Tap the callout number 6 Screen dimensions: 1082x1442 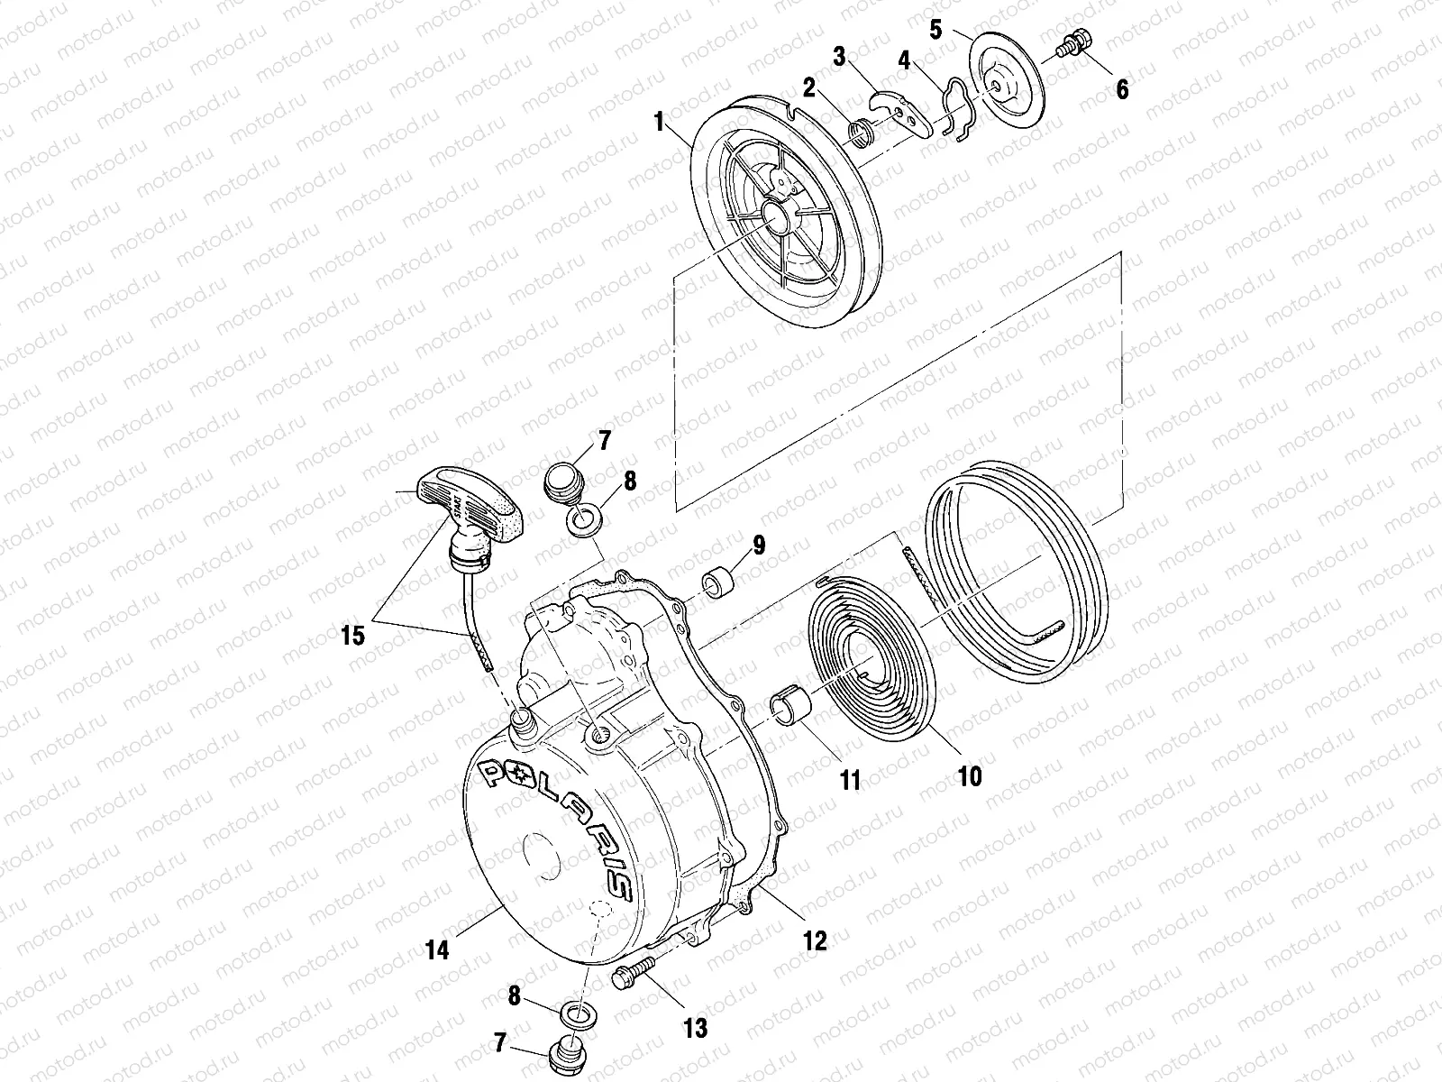click(1121, 89)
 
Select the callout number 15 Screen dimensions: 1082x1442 click(352, 636)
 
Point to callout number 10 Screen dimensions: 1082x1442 click(970, 775)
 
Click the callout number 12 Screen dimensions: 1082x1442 click(815, 940)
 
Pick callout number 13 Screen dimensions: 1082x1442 click(696, 1027)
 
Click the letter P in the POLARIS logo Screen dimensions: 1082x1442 click(495, 774)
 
